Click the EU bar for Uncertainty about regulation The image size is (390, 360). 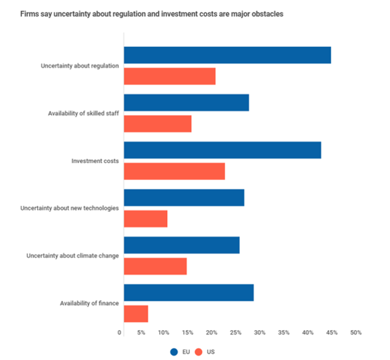pos(227,55)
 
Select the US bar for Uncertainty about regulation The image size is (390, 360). pos(169,76)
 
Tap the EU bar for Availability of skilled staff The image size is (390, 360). pos(186,103)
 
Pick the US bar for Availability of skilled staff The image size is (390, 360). pos(157,123)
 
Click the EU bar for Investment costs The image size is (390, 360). pos(222,150)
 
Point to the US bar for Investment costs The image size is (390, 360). pos(174,171)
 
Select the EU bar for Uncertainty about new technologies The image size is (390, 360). pos(183,198)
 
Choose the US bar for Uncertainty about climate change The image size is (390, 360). pos(155,266)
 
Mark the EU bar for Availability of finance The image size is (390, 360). pos(188,292)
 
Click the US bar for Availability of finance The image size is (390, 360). pos(135,313)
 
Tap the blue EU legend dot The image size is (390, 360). pos(174,352)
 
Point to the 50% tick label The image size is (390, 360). pos(356,333)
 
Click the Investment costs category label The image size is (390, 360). pos(95,161)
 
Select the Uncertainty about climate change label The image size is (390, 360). pos(72,255)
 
